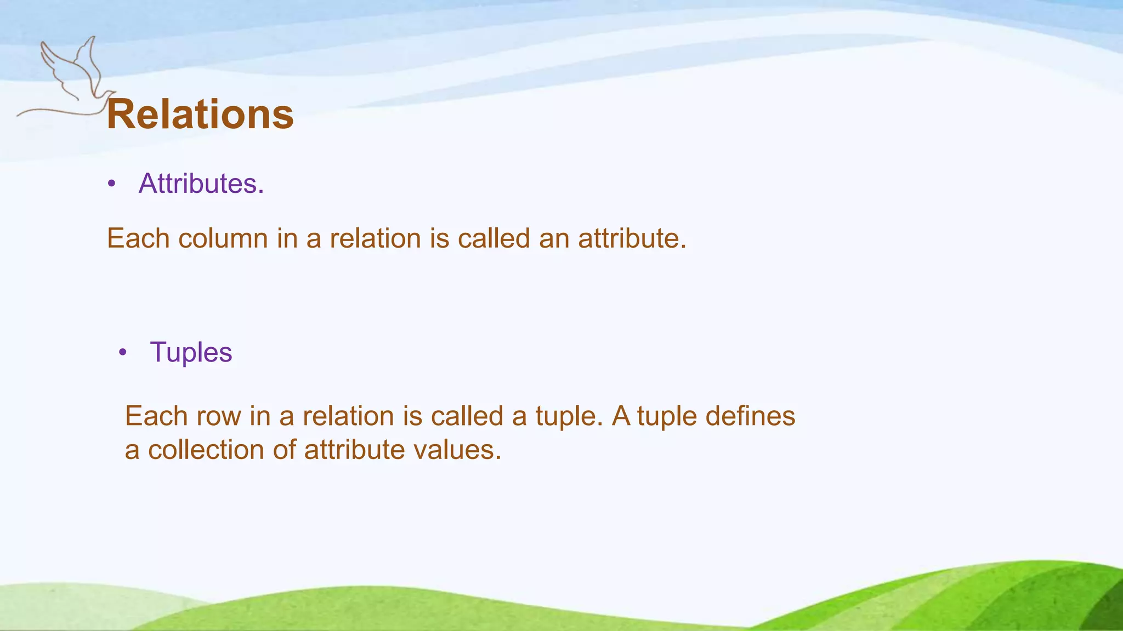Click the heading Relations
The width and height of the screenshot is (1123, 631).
pyautogui.click(x=200, y=114)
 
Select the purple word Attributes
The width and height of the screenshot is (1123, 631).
pyautogui.click(x=201, y=183)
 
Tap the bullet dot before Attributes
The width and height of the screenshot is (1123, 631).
pyautogui.click(x=112, y=184)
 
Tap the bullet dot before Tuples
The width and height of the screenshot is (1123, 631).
pyautogui.click(x=123, y=353)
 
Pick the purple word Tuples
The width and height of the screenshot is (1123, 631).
pyautogui.click(x=191, y=352)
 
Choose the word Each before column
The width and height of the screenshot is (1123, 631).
pyautogui.click(x=138, y=239)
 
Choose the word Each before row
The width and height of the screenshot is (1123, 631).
pyautogui.click(x=156, y=416)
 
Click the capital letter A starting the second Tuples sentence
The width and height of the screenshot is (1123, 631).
pyautogui.click(x=621, y=416)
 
